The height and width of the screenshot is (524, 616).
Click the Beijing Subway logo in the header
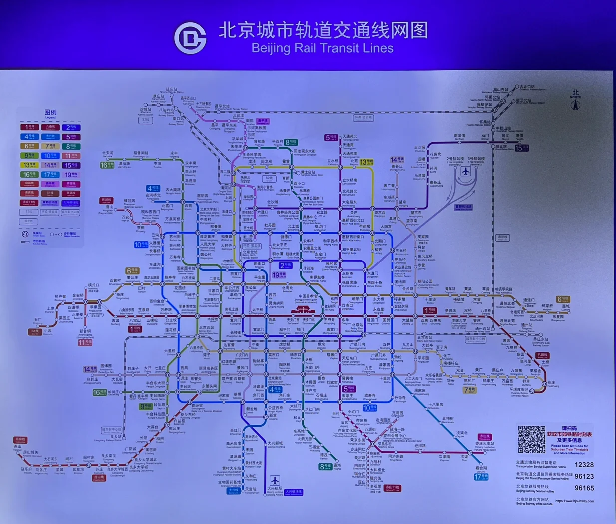point(190,38)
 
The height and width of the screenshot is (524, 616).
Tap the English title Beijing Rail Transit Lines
point(322,48)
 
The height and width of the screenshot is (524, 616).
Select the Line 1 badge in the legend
point(29,127)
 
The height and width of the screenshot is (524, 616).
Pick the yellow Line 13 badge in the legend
point(29,165)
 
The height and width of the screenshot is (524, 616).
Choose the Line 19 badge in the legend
point(71,174)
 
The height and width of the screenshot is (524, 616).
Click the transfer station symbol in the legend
point(25,234)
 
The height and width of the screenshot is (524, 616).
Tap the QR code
point(531,439)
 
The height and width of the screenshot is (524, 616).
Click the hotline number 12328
point(584,465)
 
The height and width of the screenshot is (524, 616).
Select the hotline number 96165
point(584,488)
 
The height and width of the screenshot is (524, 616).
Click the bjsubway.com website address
point(574,501)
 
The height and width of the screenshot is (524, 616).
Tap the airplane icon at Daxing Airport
point(274,480)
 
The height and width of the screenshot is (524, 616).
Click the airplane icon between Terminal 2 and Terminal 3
point(465,172)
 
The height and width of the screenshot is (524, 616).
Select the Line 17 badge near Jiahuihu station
point(481,477)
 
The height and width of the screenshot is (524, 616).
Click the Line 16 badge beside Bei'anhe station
point(107,165)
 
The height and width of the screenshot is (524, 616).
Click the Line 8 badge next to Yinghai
point(325,467)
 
